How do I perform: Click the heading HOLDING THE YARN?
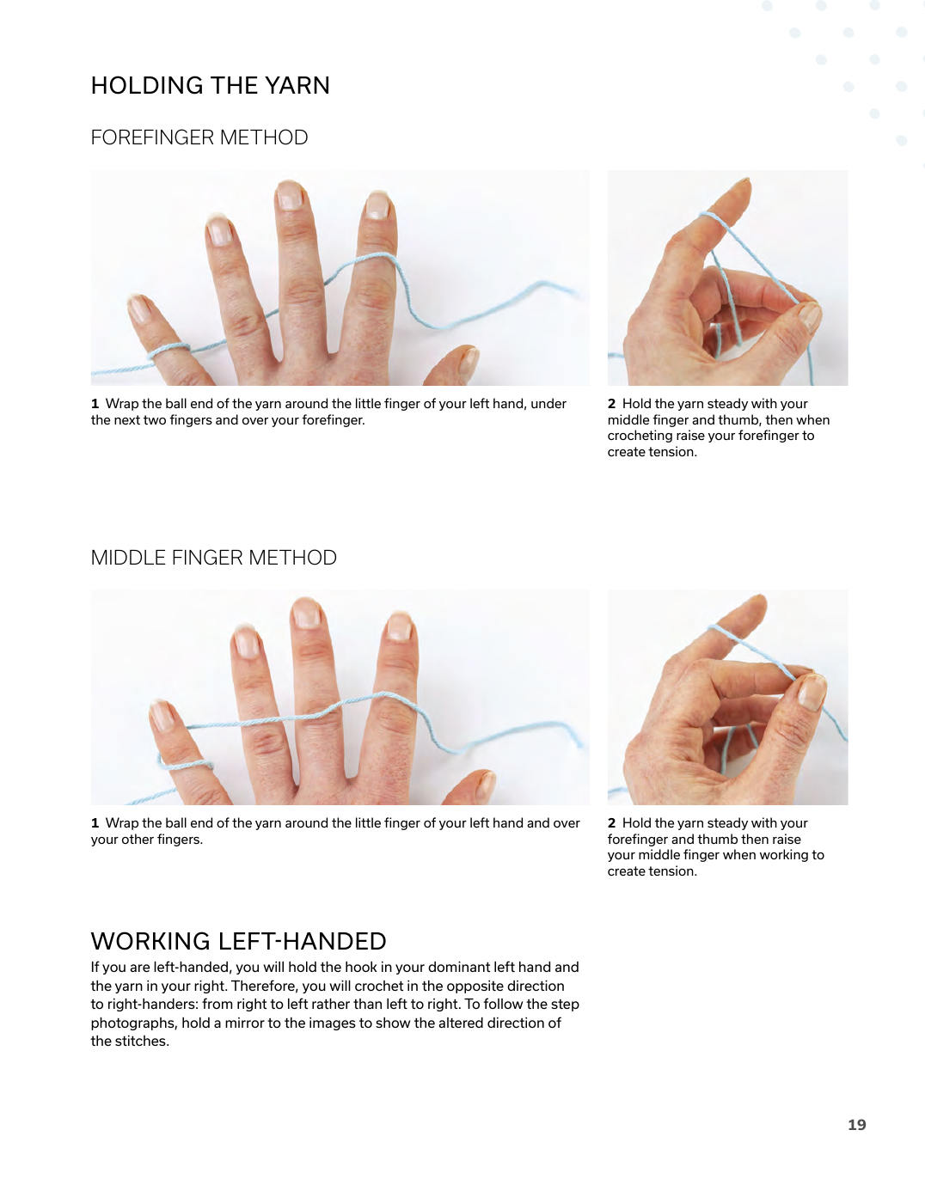tap(210, 85)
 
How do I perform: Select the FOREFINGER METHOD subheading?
tap(199, 137)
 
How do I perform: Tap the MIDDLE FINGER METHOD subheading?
tap(214, 557)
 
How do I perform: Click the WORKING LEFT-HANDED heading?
tap(238, 941)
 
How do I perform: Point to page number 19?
tap(856, 1125)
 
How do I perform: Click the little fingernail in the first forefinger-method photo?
tap(139, 309)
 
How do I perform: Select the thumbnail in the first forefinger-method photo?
tap(469, 360)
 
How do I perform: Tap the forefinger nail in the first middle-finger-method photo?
tap(399, 626)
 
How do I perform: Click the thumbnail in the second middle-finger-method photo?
tap(811, 692)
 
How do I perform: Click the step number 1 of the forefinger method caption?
tap(95, 404)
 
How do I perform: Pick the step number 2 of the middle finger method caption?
tap(611, 823)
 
